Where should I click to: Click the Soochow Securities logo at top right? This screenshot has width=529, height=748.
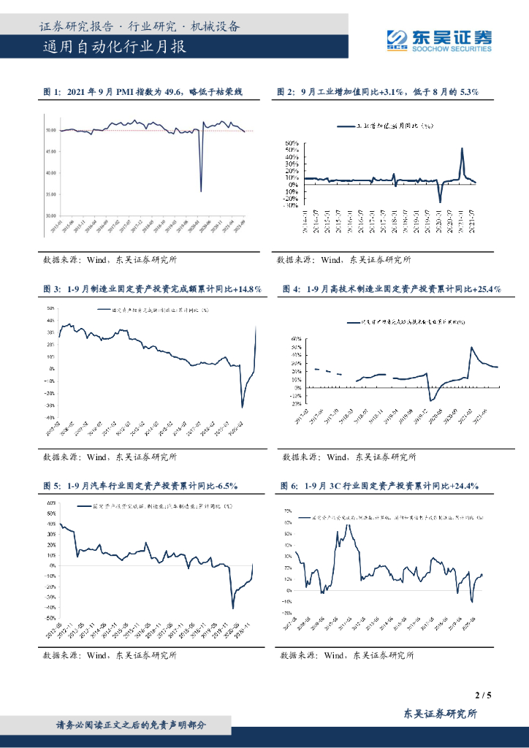coord(438,40)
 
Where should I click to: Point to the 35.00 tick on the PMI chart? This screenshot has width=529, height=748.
coord(50,194)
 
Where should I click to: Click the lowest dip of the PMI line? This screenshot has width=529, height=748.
coord(201,191)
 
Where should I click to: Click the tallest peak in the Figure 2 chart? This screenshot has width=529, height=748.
coord(462,148)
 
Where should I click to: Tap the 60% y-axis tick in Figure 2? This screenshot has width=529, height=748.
coord(292,143)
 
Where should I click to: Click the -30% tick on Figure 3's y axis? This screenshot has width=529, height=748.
coord(50,405)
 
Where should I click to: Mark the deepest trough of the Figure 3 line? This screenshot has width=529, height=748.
coord(243,407)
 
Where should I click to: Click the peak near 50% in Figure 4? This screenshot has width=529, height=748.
coord(471,348)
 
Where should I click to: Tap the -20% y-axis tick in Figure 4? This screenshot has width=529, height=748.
coord(297,403)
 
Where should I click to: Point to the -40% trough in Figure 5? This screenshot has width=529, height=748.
coord(232,608)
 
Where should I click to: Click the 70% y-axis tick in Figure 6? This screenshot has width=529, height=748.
coord(288,511)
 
